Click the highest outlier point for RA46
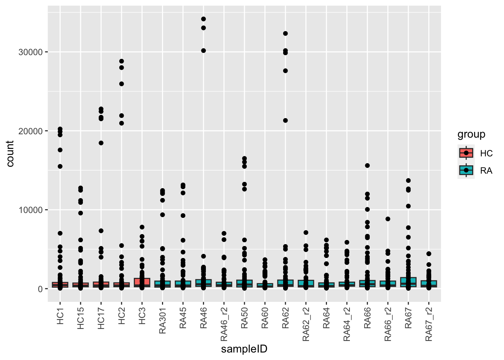tap(203, 19)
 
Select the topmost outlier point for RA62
tap(285, 33)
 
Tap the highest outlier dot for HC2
tap(121, 61)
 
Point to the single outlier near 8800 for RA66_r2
tap(388, 219)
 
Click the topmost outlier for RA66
tap(367, 165)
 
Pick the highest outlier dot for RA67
tap(408, 181)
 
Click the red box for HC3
tap(142, 282)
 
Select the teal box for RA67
tap(408, 282)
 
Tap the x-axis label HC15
tap(81, 319)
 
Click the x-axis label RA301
tap(162, 321)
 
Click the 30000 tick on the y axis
tap(30, 52)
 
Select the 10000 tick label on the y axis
tap(30, 210)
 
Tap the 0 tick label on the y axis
tap(40, 289)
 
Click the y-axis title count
tap(10, 154)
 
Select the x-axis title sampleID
tap(244, 349)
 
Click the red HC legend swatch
tap(466, 153)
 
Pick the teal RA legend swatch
tap(466, 171)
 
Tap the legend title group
tap(471, 135)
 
